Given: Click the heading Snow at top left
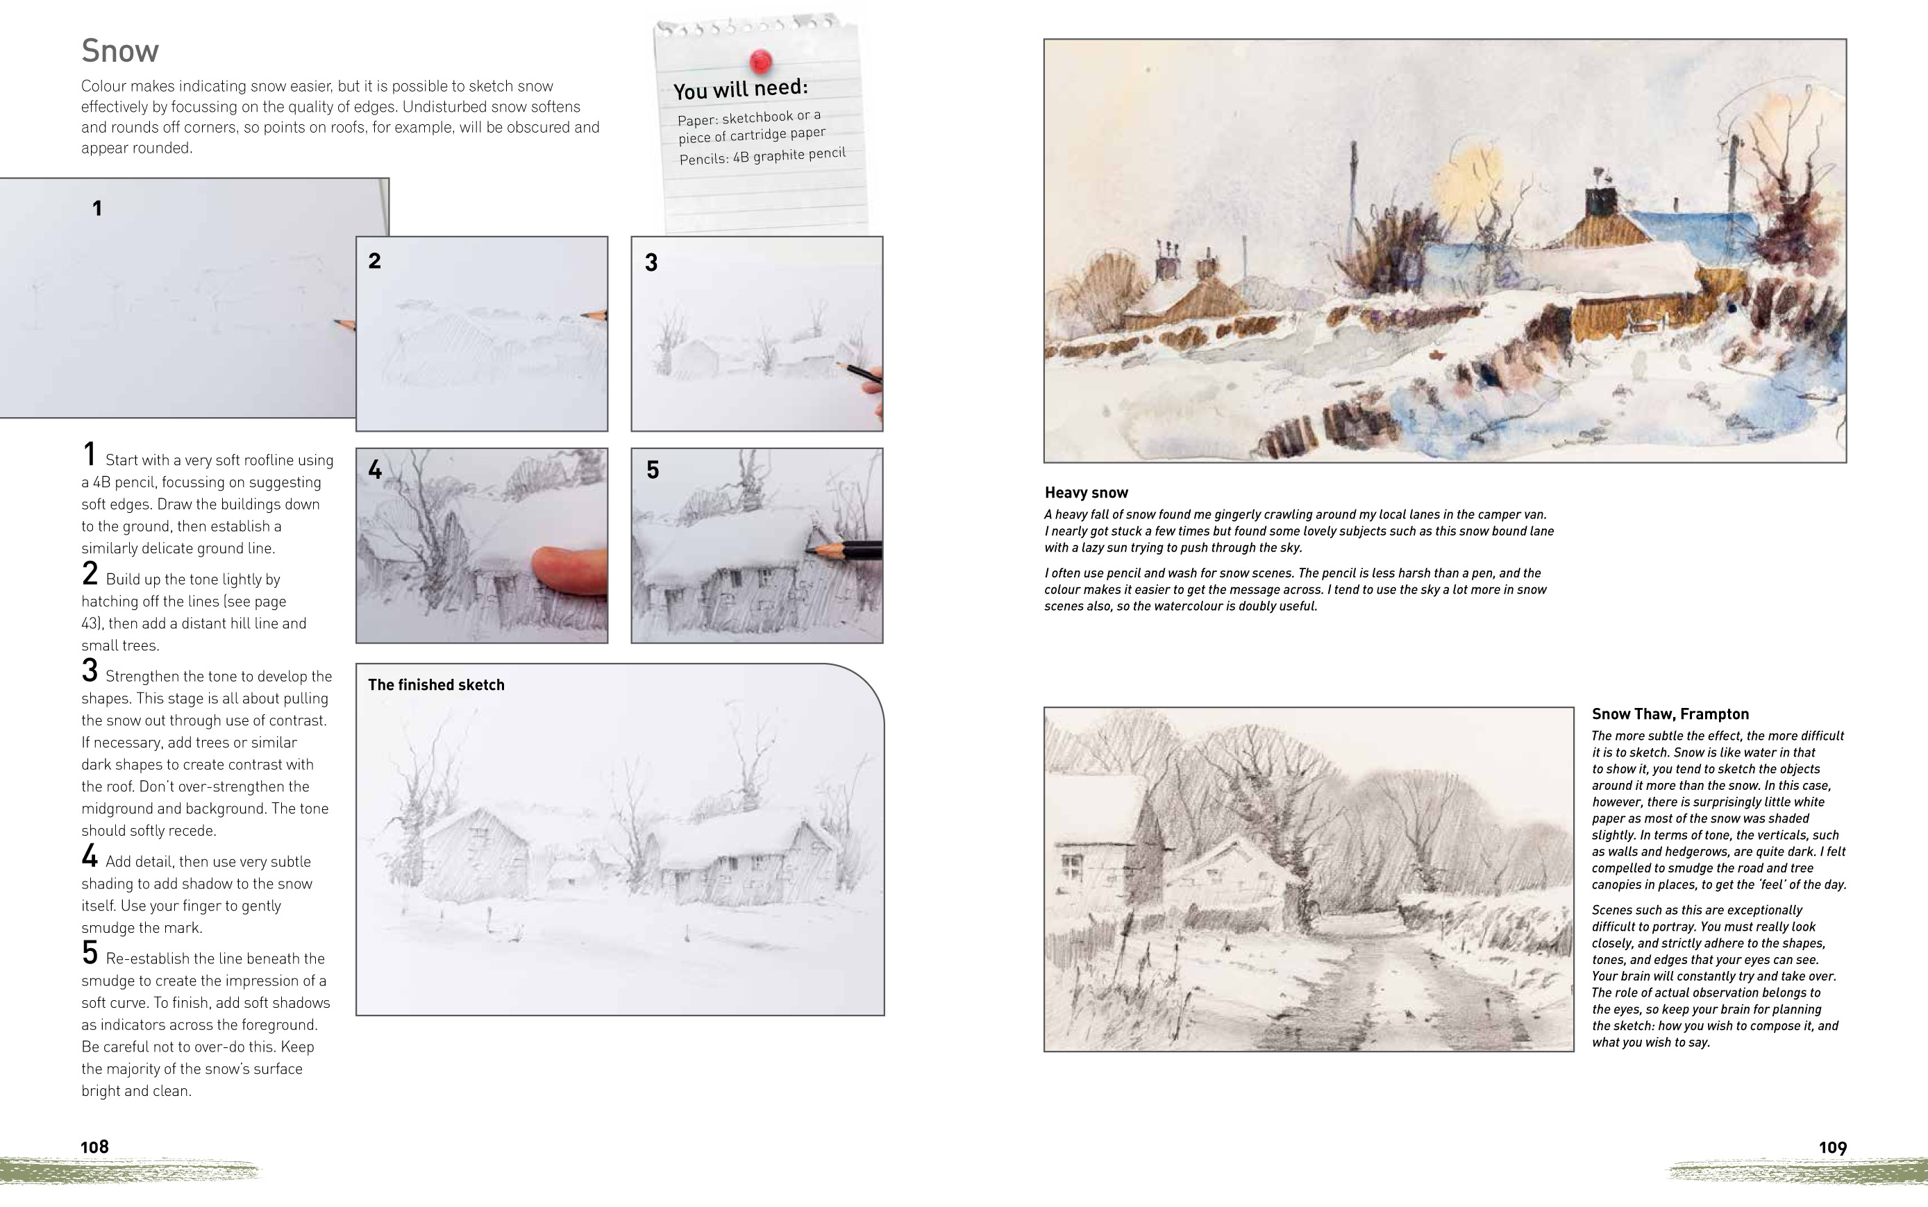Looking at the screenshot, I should pos(119,51).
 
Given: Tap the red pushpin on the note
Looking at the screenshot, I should pos(761,60).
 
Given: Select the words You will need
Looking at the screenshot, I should pos(740,89).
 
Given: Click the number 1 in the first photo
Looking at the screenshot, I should pos(97,209).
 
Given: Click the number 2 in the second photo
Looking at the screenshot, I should pos(374,261).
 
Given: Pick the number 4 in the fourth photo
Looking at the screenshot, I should pos(375,470).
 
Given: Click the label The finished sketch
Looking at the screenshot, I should pos(436,685).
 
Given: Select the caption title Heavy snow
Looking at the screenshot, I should pos(1086,493).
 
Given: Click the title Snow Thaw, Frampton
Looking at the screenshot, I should pos(1669,714).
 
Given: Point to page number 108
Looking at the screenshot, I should pos(94,1147).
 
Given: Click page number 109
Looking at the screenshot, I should pos(1832,1148).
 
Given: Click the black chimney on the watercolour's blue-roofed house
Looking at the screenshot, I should pos(1601,201).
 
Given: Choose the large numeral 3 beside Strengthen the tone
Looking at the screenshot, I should pos(90,671).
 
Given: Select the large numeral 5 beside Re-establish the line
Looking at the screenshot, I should pos(90,953).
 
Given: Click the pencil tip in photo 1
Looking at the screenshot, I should pos(339,323).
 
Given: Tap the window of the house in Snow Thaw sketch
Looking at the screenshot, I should pos(1072,866).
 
